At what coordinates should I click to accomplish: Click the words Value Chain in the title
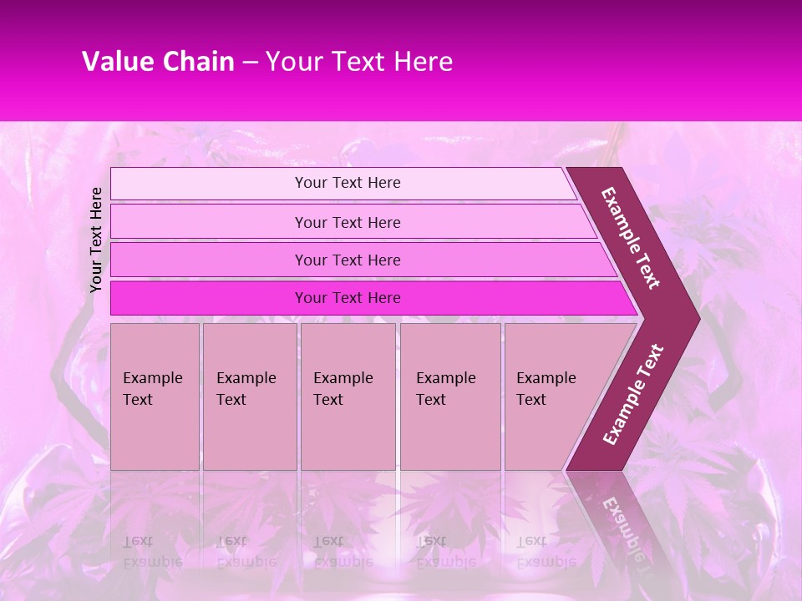tap(158, 62)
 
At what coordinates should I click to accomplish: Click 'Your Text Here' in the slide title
tap(359, 62)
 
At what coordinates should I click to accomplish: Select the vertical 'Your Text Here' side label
tap(96, 240)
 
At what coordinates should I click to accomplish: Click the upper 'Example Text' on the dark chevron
tap(631, 238)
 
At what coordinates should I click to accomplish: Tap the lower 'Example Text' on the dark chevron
tap(633, 394)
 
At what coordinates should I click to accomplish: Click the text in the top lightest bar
tap(348, 183)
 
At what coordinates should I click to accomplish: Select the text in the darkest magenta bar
tap(348, 298)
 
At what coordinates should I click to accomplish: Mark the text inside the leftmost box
tap(152, 389)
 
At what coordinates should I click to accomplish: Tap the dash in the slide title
tap(250, 63)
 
